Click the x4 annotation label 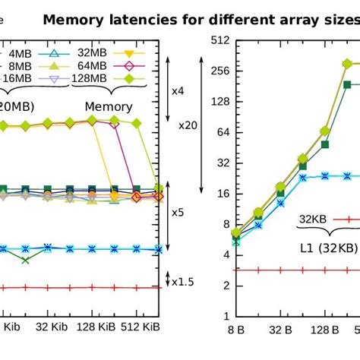(x=177, y=91)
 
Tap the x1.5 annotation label (x=183, y=281)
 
